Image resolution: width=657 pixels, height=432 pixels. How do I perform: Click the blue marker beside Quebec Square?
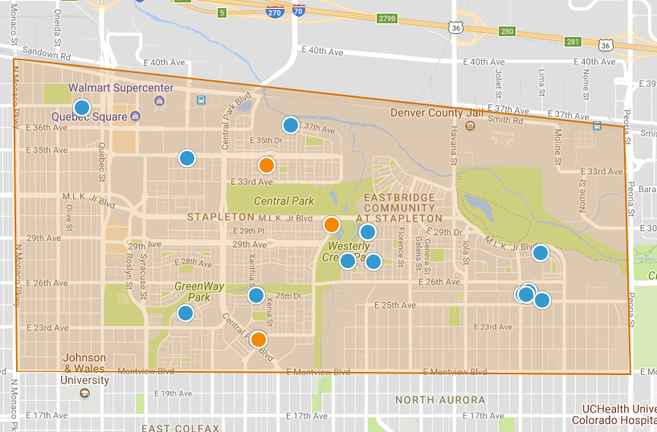point(82,108)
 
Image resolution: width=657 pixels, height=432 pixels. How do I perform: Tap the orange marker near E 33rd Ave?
point(267,165)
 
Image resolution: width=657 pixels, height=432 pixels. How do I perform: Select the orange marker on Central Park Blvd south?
point(259,339)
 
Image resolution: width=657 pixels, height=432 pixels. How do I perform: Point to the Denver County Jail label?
point(439,112)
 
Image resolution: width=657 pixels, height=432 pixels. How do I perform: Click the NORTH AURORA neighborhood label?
point(440,400)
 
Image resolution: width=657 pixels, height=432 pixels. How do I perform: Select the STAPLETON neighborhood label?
point(221,217)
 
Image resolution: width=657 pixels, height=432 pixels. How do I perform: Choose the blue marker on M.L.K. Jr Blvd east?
point(541,253)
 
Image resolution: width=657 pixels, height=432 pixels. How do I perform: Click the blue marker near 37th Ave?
point(291,125)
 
